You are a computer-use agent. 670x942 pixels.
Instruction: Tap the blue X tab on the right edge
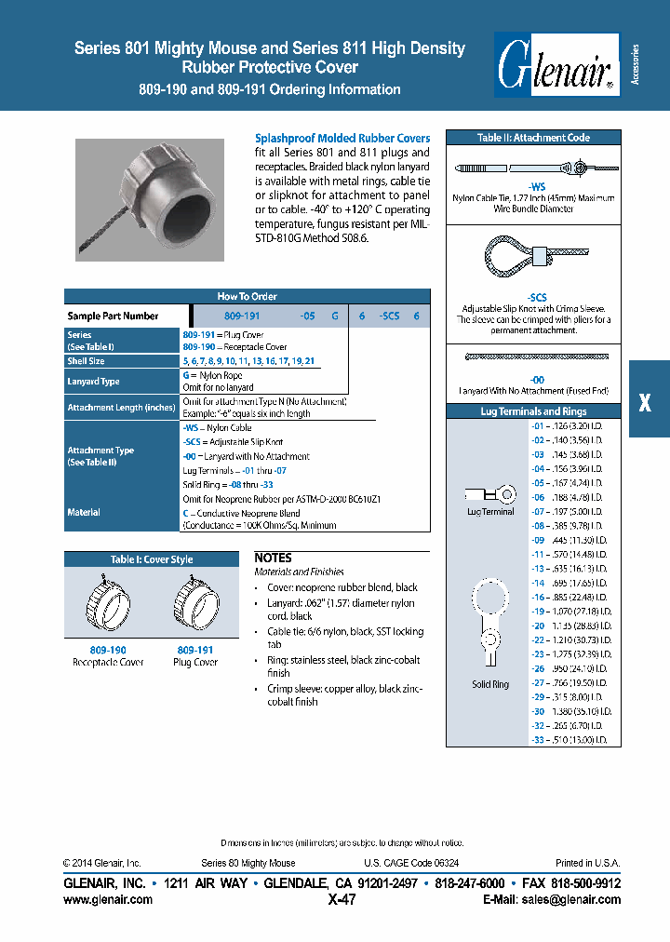(x=648, y=399)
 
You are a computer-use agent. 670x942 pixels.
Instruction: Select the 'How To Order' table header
(x=247, y=296)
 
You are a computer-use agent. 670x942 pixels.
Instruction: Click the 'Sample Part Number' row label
(x=113, y=316)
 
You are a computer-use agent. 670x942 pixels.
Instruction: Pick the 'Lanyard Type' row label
(x=93, y=382)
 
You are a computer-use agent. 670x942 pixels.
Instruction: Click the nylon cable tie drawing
(x=522, y=168)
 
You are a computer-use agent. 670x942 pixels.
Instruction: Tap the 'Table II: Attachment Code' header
(x=533, y=138)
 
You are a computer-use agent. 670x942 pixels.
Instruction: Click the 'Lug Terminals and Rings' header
(x=533, y=410)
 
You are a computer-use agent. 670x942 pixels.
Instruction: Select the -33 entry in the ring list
(x=538, y=739)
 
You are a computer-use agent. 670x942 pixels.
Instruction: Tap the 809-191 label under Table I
(x=195, y=650)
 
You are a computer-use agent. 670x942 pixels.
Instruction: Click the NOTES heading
(x=274, y=558)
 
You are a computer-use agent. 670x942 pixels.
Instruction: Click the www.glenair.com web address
(x=108, y=900)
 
